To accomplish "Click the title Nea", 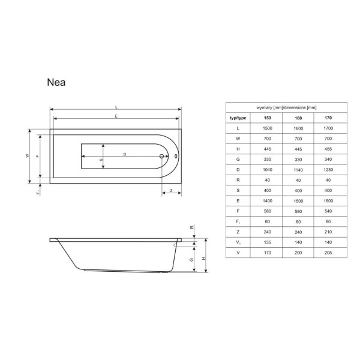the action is click(56, 82).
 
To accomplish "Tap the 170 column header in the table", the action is click(328, 118).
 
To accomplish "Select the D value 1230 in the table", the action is click(328, 170).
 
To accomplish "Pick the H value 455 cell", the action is click(328, 149).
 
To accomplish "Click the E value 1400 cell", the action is click(268, 201).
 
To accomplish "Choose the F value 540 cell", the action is click(328, 211).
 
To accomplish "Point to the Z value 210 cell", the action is click(328, 232).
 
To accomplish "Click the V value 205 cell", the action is click(328, 253).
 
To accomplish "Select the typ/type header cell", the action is click(238, 118).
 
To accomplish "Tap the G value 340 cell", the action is click(328, 160).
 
